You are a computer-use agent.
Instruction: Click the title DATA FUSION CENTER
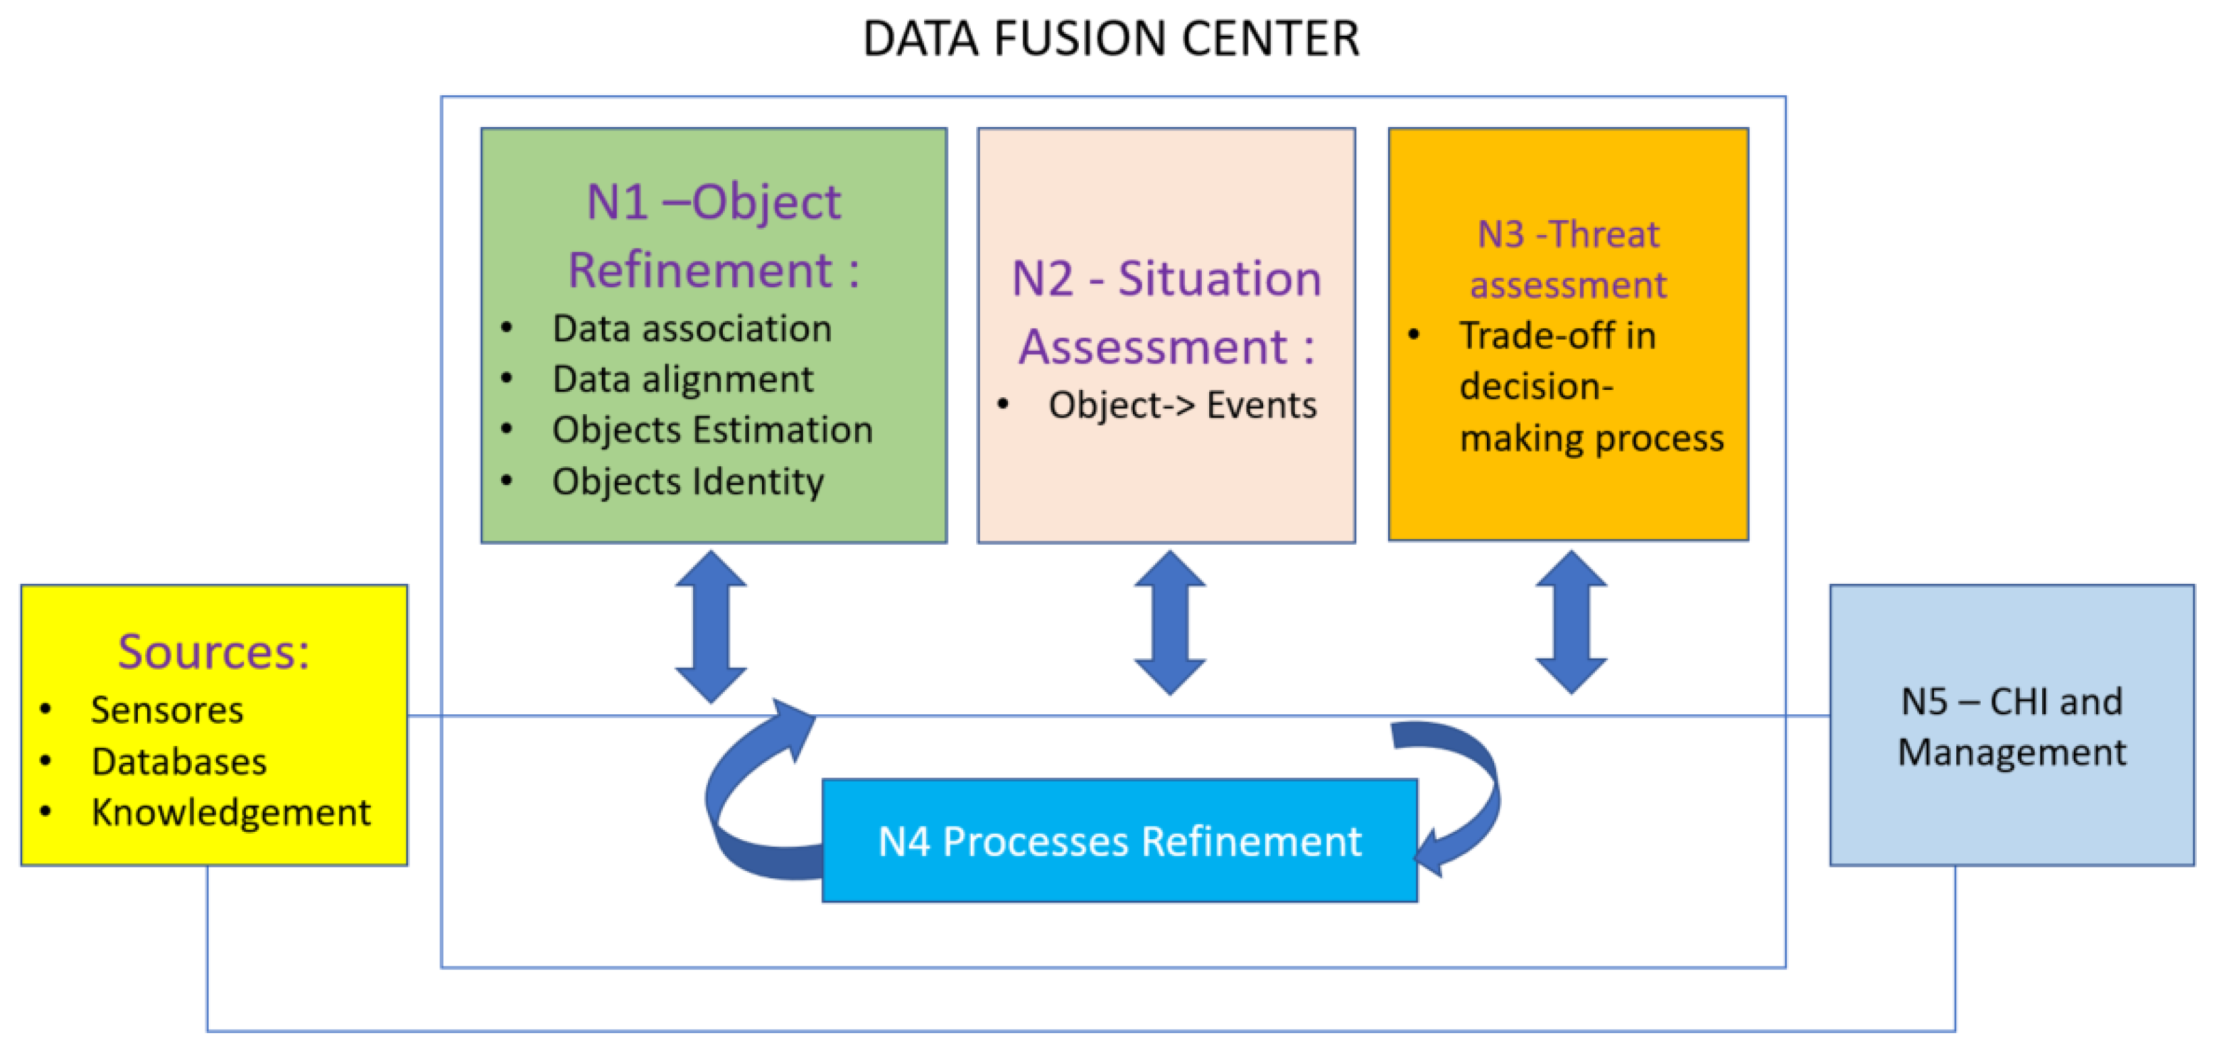coord(1110,39)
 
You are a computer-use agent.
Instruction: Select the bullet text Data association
coord(692,329)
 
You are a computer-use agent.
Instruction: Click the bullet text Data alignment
coord(682,380)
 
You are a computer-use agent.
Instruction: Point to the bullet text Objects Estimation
coord(712,430)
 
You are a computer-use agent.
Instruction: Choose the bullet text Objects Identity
coord(687,481)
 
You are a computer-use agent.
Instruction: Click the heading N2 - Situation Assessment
coord(1166,313)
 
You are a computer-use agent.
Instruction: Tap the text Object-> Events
coord(1182,405)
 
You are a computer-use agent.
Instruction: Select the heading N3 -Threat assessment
coord(1568,259)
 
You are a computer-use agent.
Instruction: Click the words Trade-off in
coord(1556,336)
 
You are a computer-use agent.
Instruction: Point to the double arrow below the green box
coord(711,626)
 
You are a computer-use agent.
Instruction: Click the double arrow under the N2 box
coord(1169,623)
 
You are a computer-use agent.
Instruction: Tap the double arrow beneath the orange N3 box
coord(1571,623)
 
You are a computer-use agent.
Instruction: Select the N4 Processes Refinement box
coord(1119,841)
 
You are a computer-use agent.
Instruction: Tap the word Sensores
coord(167,710)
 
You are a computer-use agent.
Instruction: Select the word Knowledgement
coord(230,813)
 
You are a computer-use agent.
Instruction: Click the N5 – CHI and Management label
coord(2011,727)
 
